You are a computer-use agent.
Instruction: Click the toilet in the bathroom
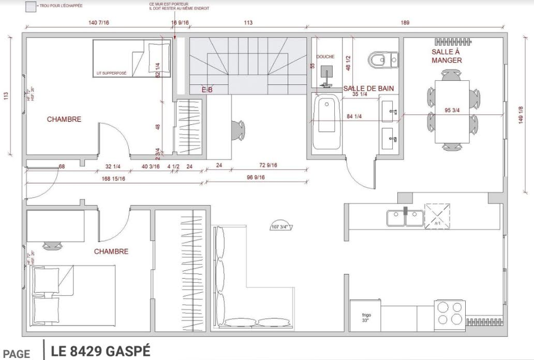[x=383, y=59]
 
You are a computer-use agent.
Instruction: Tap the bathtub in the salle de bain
[x=326, y=122]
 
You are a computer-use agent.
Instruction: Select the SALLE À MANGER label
[x=446, y=56]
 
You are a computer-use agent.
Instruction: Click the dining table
[x=452, y=111]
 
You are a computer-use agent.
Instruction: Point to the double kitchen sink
[x=405, y=218]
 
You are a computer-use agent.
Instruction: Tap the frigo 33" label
[x=366, y=318]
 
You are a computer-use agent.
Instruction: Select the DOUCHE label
[x=325, y=56]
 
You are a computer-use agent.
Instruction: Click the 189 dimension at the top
[x=405, y=22]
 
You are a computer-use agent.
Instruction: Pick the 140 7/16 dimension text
[x=99, y=22]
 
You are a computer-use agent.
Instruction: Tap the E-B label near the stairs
[x=207, y=90]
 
